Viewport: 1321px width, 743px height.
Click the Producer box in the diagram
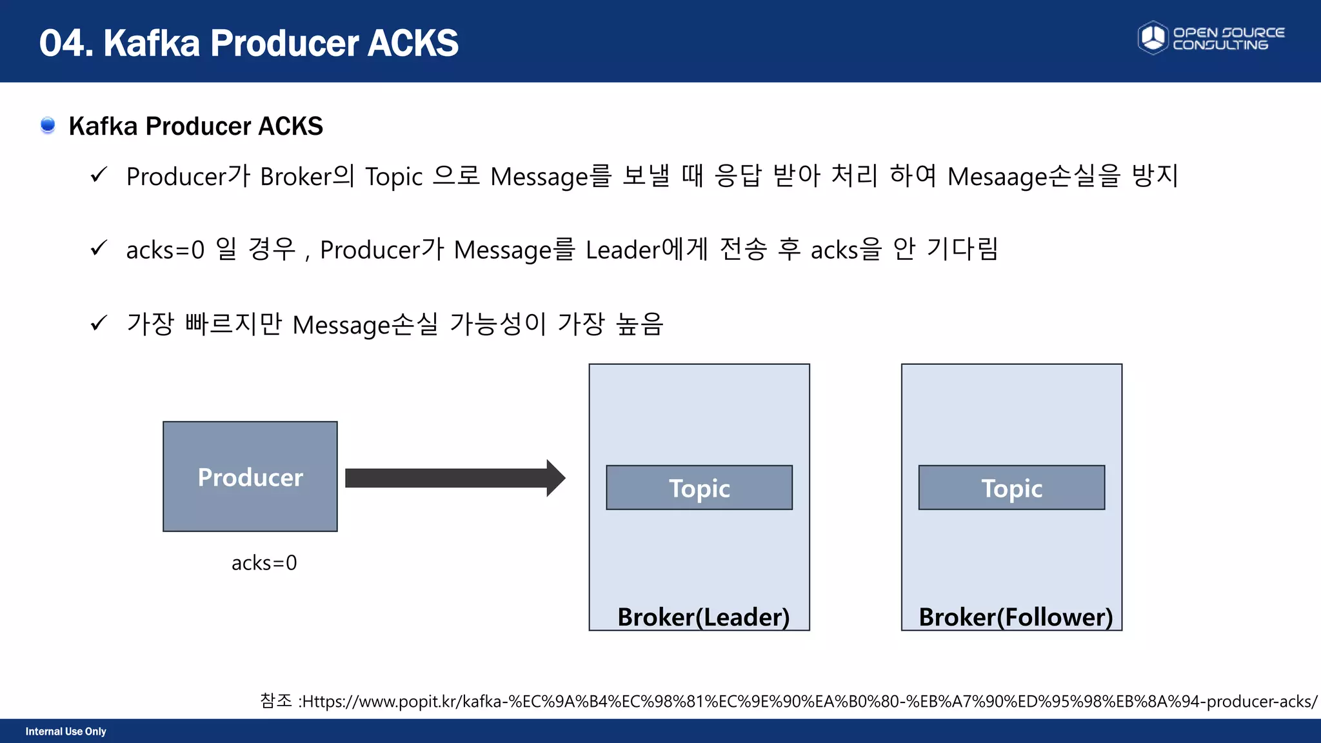point(250,477)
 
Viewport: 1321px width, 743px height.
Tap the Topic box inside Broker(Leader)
point(699,488)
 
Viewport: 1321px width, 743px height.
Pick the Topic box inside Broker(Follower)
point(1011,488)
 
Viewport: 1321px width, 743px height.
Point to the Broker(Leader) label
point(703,617)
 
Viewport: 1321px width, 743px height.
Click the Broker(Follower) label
point(1015,617)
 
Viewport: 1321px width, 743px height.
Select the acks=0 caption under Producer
point(264,563)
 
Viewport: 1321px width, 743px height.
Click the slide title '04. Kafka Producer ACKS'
point(249,43)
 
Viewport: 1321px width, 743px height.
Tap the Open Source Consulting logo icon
point(1153,37)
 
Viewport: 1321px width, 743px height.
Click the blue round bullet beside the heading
point(48,125)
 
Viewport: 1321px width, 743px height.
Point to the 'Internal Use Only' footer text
point(66,731)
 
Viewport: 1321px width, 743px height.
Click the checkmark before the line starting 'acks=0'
point(99,248)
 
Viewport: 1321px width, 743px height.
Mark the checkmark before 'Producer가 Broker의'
point(99,175)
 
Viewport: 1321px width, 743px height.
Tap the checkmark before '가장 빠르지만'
point(99,322)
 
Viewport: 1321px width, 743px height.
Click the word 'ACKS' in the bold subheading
point(290,126)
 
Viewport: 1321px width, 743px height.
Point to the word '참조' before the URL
point(276,700)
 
